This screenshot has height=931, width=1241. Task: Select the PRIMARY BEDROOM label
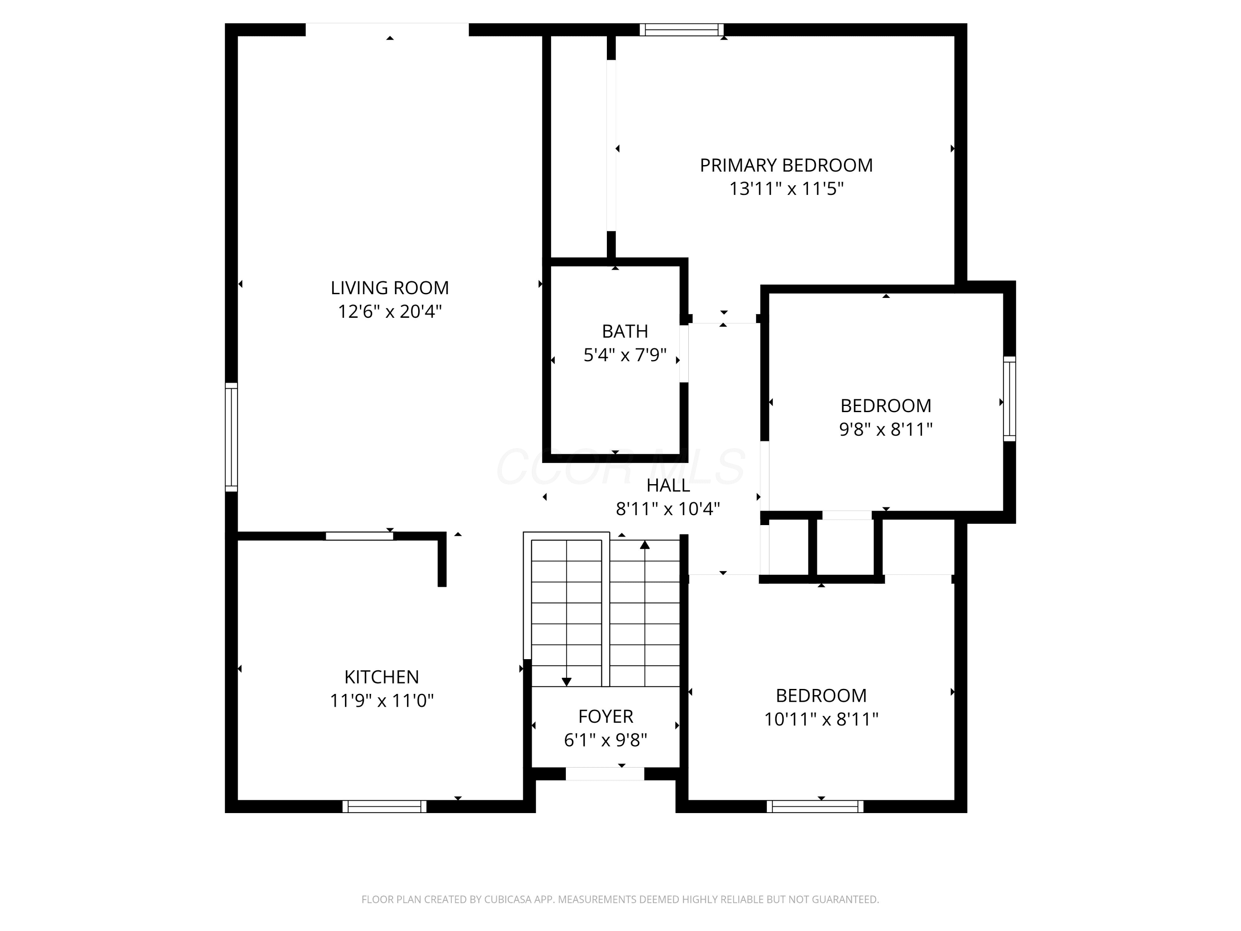[x=786, y=166]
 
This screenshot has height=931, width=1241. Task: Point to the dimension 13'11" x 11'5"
[x=786, y=189]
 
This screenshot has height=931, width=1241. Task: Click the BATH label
[x=625, y=332]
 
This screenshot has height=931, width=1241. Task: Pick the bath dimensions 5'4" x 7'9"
[x=625, y=355]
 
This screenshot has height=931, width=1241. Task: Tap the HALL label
[x=668, y=485]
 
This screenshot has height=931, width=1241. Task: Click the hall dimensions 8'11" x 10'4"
[x=668, y=509]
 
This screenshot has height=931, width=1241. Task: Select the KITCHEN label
[x=381, y=677]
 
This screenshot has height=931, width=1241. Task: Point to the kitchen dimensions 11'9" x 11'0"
[x=381, y=701]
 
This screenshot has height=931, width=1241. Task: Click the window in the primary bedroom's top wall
[x=682, y=30]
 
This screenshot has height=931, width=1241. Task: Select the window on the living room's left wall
[x=231, y=437]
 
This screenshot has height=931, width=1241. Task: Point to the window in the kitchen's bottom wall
[x=384, y=806]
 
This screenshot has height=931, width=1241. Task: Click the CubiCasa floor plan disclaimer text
[x=620, y=900]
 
